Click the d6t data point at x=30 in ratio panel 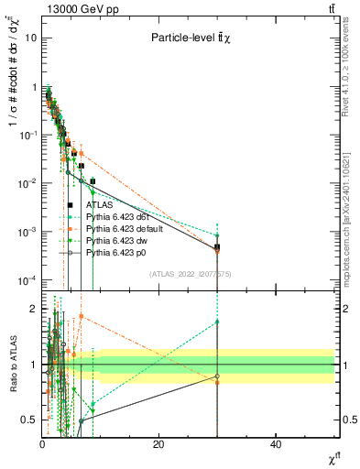pyautogui.click(x=217, y=322)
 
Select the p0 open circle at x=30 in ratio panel pyautogui.click(x=217, y=376)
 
